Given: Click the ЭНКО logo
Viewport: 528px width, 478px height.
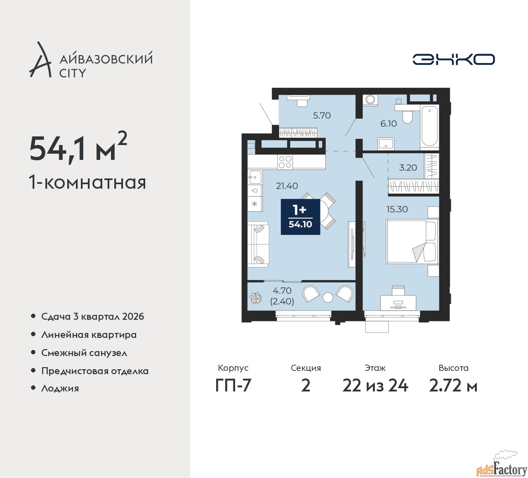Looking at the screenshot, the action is coord(453,59).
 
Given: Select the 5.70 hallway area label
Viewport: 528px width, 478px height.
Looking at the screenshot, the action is coord(322,115).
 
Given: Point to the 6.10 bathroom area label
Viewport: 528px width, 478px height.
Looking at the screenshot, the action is coord(389,124).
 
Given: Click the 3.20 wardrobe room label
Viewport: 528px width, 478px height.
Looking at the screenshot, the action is coord(408,167).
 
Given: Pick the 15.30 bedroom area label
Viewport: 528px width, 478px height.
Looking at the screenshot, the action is coord(397,209).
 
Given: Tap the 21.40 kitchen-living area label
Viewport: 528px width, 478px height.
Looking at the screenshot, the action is coord(287,186).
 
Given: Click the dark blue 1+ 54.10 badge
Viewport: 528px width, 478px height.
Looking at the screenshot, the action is coord(300,217).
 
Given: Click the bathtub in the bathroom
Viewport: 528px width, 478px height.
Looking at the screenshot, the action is coord(429,126).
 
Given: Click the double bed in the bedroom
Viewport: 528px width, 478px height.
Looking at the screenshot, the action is coord(412,241).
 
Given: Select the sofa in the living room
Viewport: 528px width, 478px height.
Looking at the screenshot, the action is coord(258,244).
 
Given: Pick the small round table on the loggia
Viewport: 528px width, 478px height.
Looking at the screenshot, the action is coord(328,298).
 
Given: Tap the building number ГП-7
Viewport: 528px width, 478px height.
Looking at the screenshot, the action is coord(233,386).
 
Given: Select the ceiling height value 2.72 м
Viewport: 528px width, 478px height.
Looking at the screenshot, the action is coord(453,386).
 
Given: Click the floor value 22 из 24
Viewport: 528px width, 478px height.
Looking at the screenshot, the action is coord(375,386).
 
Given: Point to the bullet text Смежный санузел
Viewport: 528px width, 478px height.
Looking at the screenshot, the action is coord(84,353).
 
